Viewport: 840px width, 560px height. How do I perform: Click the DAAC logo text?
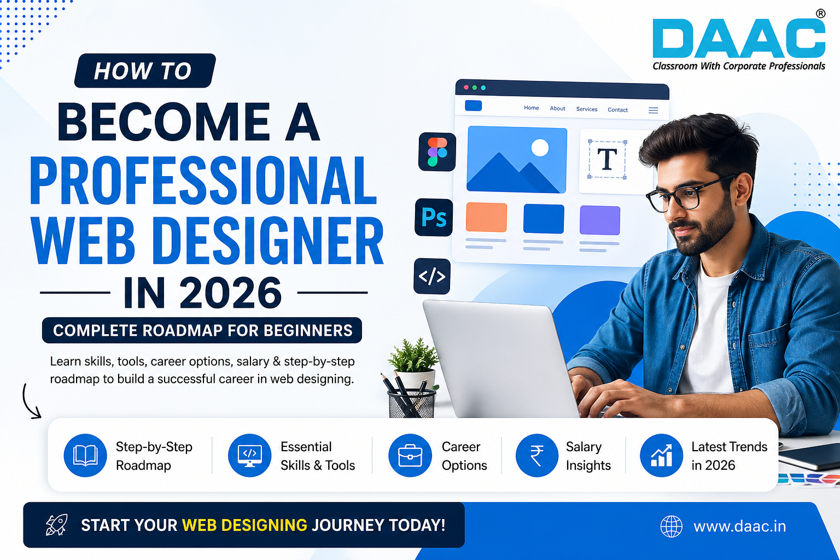[739, 38]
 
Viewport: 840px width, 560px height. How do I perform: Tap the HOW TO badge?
[144, 71]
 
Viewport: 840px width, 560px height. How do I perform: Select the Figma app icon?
[437, 151]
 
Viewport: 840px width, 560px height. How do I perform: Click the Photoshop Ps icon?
[434, 218]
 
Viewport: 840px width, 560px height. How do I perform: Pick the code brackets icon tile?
[432, 277]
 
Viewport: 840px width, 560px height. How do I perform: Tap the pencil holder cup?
[411, 404]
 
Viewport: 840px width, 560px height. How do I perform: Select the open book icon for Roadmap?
[85, 456]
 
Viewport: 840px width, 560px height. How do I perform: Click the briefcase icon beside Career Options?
[410, 456]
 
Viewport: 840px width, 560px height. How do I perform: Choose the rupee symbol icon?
[537, 456]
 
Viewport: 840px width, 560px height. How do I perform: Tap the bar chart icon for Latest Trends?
[661, 456]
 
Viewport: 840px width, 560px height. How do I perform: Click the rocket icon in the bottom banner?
[56, 525]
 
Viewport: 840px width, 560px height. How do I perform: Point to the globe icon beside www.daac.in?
[671, 526]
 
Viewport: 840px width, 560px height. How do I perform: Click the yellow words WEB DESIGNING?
[244, 525]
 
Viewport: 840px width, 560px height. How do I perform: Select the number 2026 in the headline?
[230, 293]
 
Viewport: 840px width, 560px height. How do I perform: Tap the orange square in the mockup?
[486, 218]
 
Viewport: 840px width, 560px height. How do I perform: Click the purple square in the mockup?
[600, 220]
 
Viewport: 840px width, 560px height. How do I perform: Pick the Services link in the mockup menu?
[587, 109]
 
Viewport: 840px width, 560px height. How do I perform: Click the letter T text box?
[607, 160]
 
